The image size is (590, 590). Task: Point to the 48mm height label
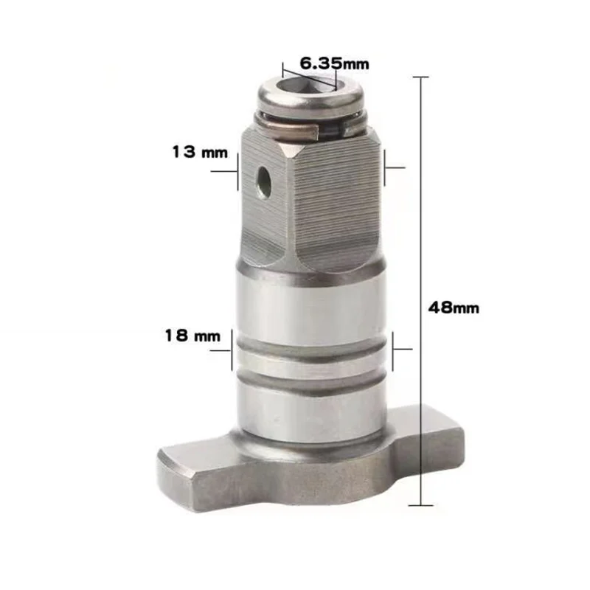(454, 308)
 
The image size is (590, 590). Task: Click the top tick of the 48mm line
(421, 77)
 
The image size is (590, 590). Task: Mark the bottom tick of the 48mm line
(421, 505)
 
